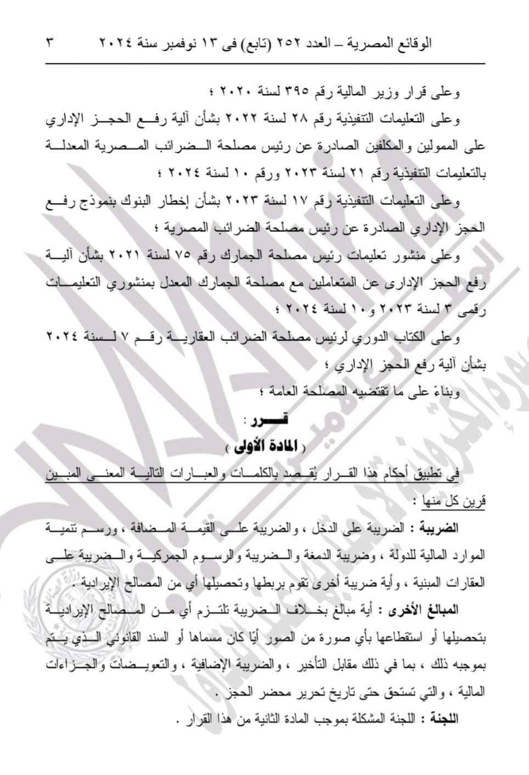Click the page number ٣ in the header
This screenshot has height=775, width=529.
49,42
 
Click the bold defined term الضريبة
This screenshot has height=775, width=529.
441,529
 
